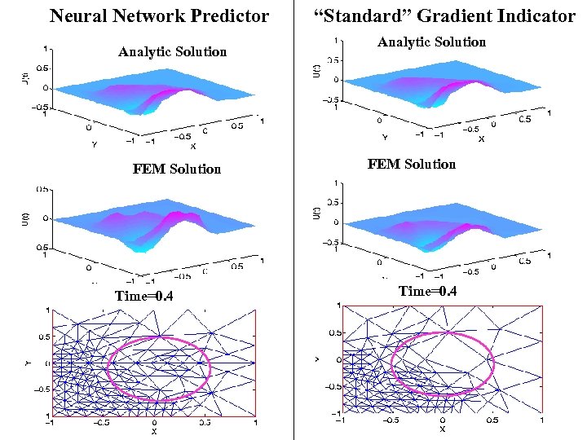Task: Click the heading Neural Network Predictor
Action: pos(160,15)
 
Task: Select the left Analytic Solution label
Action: pos(172,52)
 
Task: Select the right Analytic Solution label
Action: pos(431,42)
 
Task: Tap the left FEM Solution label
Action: pos(177,169)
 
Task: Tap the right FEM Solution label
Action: pos(412,165)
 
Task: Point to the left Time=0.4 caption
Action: pos(144,296)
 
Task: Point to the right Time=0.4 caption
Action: pos(427,292)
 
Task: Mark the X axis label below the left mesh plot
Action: pos(153,432)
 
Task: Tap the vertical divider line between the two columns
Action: pos(293,220)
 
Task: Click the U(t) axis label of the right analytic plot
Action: pos(316,72)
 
